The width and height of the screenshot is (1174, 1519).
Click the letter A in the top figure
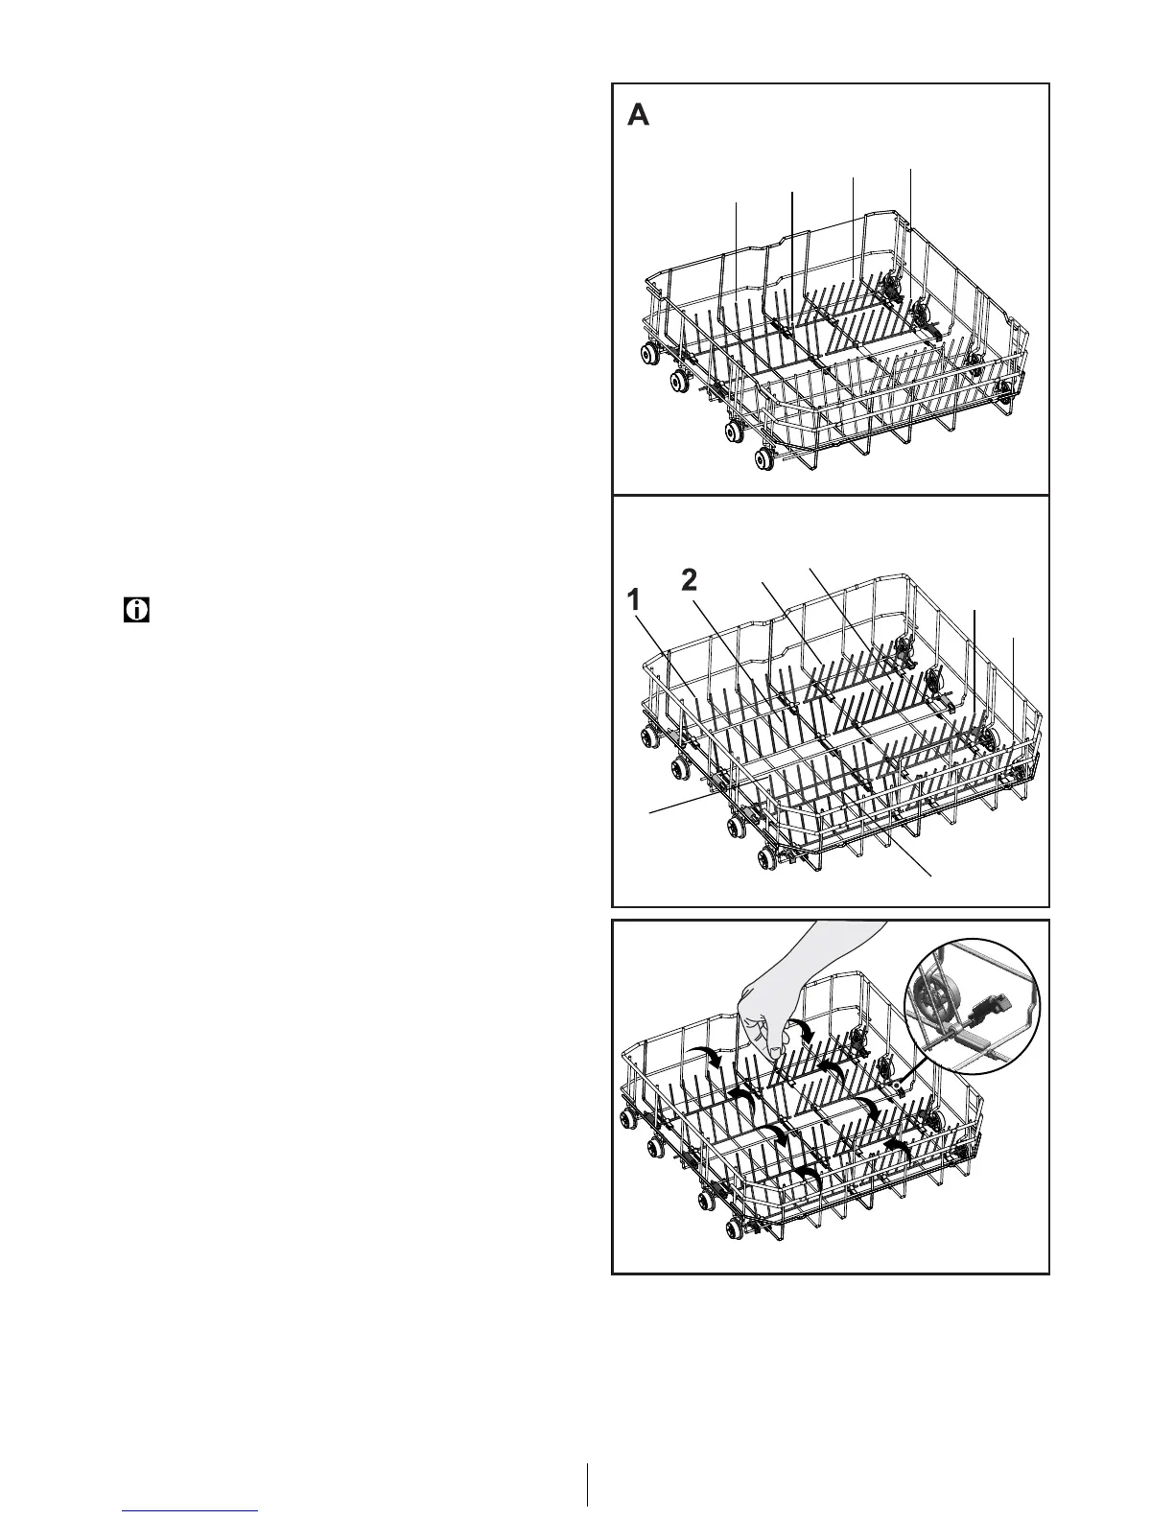639,116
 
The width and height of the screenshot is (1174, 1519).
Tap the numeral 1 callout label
632,601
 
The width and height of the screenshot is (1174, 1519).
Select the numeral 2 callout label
689,579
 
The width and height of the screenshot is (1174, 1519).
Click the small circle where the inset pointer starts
902,1086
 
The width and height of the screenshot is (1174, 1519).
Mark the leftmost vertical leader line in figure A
737,249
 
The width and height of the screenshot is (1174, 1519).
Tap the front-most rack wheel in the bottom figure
738,1228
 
